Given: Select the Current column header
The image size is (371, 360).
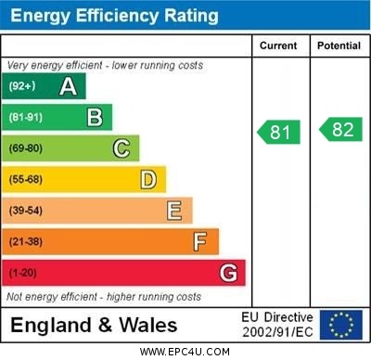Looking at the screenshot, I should click(x=278, y=45).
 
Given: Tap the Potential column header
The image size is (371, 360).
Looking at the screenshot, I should click(x=339, y=45).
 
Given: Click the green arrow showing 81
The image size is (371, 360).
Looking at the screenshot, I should click(x=279, y=132).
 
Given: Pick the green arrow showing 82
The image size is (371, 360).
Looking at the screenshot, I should click(x=340, y=130).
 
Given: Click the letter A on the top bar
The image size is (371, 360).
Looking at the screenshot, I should click(x=68, y=86).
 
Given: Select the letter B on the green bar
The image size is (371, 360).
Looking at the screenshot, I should click(x=95, y=117).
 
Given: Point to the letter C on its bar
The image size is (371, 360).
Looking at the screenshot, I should click(x=122, y=148).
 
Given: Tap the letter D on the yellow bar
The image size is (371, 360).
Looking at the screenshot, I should click(x=148, y=179).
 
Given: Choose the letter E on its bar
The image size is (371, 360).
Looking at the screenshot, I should click(x=174, y=211).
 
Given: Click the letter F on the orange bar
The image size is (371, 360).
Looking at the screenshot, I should click(x=200, y=242).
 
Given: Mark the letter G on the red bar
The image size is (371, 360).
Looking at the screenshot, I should click(x=228, y=274).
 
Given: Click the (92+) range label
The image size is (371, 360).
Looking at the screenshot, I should click(x=22, y=86).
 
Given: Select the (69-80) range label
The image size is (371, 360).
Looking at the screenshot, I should click(x=26, y=148).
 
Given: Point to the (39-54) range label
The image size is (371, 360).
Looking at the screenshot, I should click(x=26, y=211).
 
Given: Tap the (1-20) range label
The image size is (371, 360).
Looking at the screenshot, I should click(x=22, y=274).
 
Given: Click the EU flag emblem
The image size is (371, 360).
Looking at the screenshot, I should click(x=341, y=325).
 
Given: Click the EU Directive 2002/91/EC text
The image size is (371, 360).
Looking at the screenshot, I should click(x=277, y=325).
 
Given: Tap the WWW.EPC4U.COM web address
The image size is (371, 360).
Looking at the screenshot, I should click(x=185, y=352).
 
